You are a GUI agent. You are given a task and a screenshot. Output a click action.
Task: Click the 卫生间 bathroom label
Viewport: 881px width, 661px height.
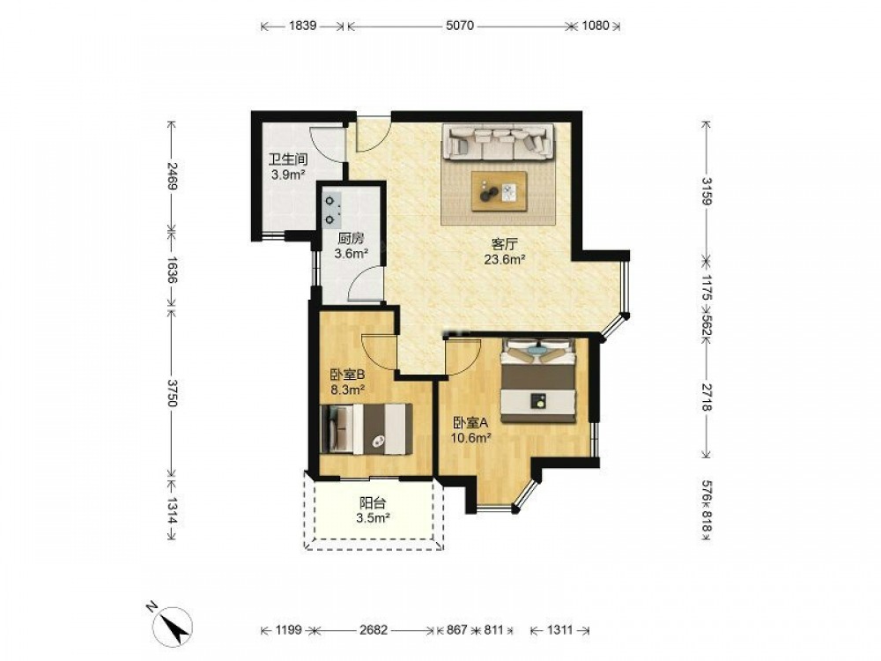(288, 160)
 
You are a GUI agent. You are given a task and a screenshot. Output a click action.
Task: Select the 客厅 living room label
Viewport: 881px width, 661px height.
(504, 244)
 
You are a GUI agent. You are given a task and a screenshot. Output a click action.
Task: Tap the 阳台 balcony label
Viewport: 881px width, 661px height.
(373, 504)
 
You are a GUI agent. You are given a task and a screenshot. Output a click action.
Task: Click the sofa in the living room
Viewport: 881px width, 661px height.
(498, 141)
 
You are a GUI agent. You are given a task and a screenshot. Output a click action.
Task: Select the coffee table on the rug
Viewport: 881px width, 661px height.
(500, 191)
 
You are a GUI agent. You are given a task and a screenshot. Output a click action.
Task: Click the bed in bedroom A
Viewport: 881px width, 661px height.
(539, 381)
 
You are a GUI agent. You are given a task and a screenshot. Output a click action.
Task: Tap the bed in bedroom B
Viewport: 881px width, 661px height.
(366, 428)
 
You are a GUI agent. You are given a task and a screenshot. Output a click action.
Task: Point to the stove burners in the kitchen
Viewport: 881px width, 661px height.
(331, 210)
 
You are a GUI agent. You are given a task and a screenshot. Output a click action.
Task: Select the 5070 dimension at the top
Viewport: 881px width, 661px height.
(460, 26)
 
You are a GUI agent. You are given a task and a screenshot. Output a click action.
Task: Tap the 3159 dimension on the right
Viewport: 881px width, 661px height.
(707, 191)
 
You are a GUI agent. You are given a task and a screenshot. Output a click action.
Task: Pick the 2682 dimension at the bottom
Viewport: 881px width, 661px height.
(374, 630)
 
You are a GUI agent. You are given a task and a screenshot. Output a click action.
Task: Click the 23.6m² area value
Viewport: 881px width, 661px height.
(505, 259)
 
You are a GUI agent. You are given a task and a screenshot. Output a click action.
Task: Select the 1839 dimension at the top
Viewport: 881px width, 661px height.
(303, 26)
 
